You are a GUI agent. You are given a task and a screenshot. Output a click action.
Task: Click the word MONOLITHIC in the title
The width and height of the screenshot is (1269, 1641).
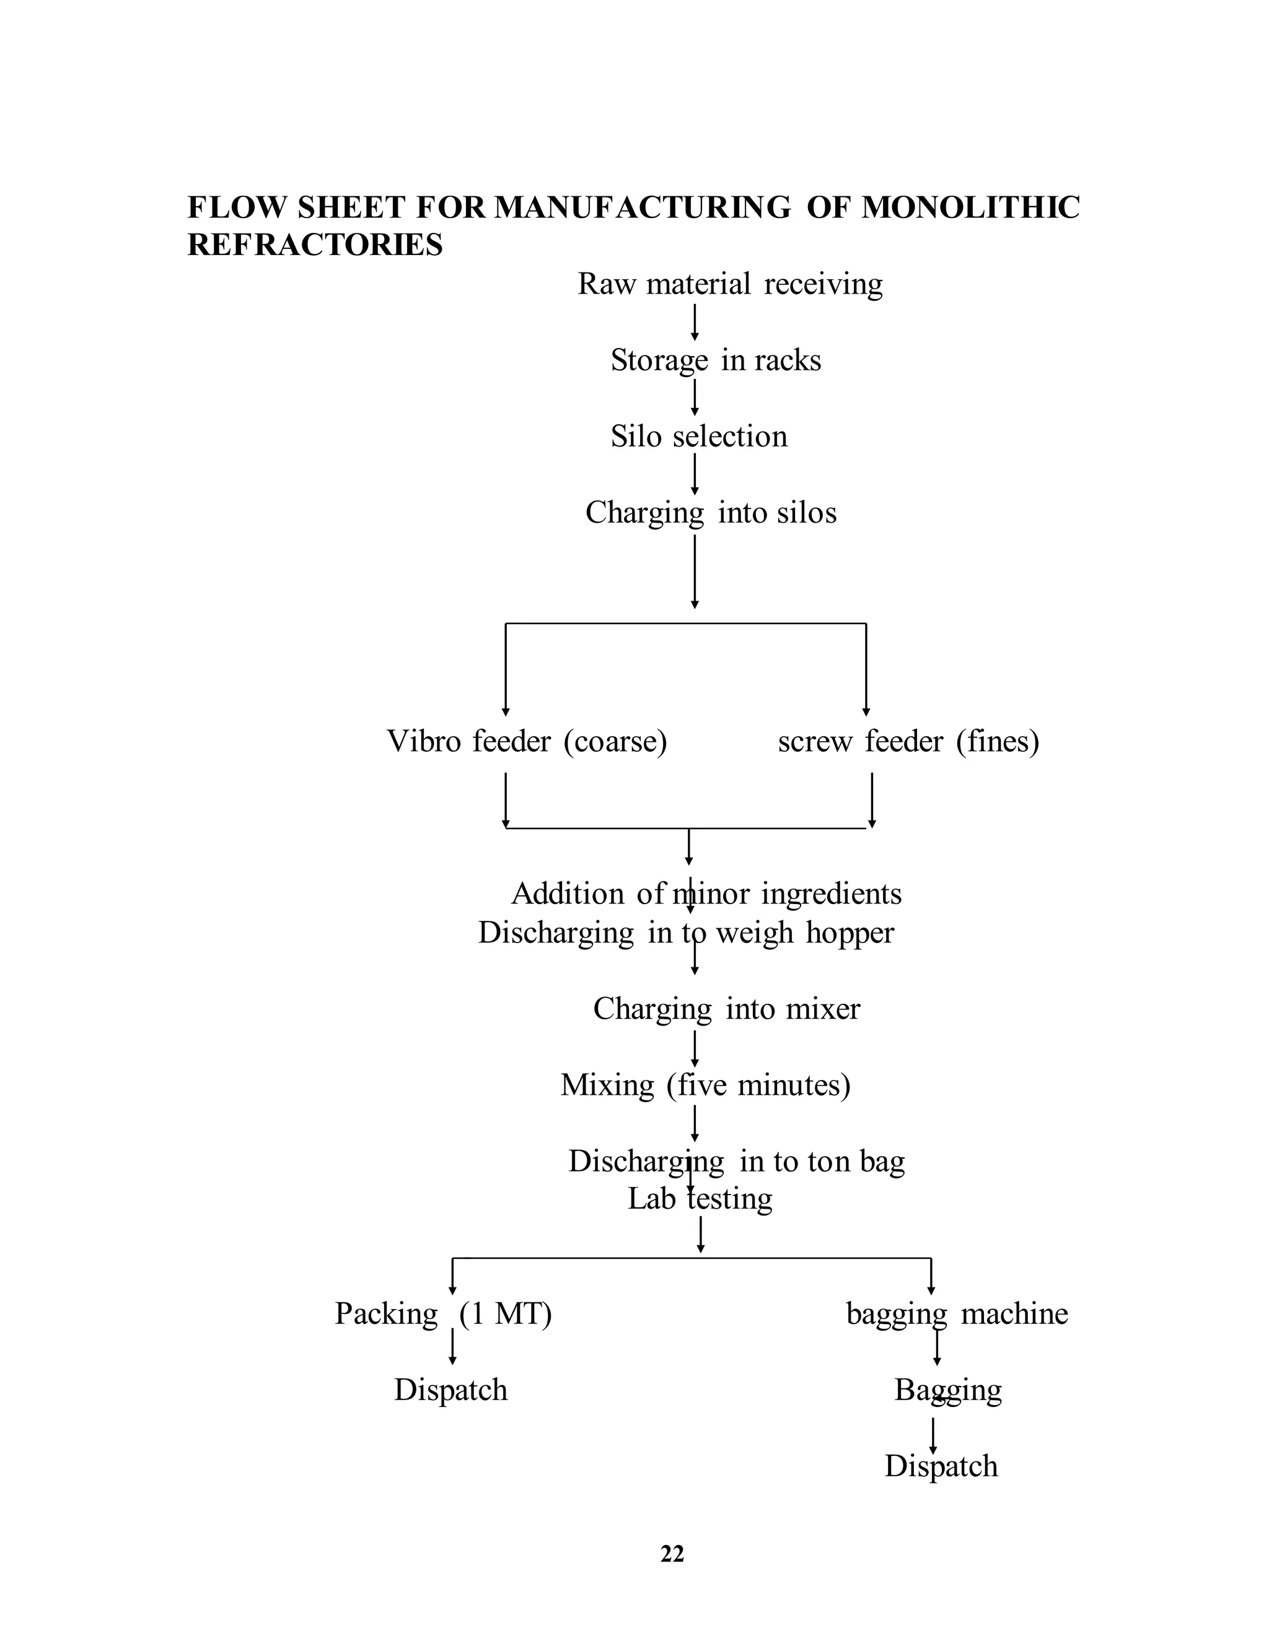pyautogui.click(x=970, y=207)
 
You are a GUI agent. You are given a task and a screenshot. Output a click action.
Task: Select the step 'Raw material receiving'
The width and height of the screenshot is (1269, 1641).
pyautogui.click(x=730, y=285)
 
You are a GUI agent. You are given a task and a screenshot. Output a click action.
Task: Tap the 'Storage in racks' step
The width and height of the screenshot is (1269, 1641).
pyautogui.click(x=716, y=360)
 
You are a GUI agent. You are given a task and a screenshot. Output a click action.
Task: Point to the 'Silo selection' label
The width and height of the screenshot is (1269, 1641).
pyautogui.click(x=699, y=437)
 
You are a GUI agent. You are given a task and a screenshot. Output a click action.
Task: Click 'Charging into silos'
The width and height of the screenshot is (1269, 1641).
pyautogui.click(x=711, y=513)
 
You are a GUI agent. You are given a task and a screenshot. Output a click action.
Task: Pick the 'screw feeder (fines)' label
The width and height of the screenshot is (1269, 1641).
pyautogui.click(x=908, y=742)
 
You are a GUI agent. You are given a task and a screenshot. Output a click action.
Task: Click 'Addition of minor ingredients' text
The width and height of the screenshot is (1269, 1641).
pyautogui.click(x=706, y=894)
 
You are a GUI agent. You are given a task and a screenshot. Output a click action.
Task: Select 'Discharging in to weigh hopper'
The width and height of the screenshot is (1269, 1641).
pyautogui.click(x=687, y=933)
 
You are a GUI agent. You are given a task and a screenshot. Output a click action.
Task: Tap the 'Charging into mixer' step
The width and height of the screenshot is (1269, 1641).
pyautogui.click(x=726, y=1009)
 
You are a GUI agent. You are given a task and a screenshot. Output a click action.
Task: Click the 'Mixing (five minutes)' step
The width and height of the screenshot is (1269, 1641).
pyautogui.click(x=705, y=1086)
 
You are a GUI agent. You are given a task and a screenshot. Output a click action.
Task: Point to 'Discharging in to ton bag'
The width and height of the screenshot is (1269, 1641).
pyautogui.click(x=737, y=1162)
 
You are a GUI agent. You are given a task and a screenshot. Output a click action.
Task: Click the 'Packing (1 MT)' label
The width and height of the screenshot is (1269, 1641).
pyautogui.click(x=444, y=1314)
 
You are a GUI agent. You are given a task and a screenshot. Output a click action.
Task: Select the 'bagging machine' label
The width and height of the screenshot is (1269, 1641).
pyautogui.click(x=957, y=1314)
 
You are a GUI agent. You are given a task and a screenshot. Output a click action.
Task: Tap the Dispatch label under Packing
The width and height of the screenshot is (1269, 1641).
pyautogui.click(x=451, y=1390)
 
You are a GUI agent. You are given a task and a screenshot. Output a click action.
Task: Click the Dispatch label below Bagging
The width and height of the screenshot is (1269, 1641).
pyautogui.click(x=941, y=1466)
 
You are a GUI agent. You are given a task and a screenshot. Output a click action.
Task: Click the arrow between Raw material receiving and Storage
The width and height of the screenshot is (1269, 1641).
pyautogui.click(x=695, y=321)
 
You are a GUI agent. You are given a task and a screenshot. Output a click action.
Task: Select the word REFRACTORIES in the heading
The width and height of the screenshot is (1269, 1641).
pyautogui.click(x=315, y=245)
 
